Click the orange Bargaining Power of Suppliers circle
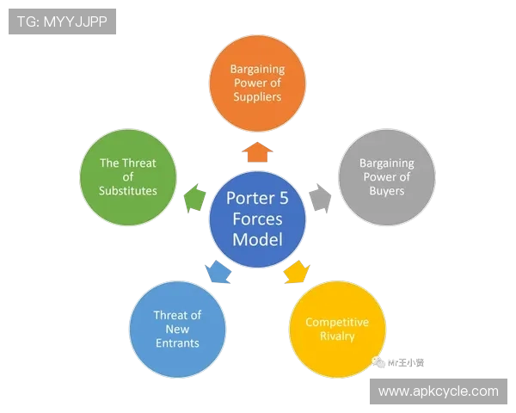click(257, 83)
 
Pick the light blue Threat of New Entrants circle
click(177, 329)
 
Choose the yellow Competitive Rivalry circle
click(337, 329)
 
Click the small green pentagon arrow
click(195, 198)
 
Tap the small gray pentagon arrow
click(319, 198)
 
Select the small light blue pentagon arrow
click(218, 272)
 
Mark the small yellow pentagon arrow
click(296, 272)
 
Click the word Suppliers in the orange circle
click(256, 97)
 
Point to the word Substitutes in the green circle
click(128, 191)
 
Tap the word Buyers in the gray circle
click(386, 191)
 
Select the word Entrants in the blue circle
click(177, 343)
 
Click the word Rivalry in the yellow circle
click(337, 336)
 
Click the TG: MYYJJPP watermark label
click(62, 22)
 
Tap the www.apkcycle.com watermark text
click(438, 391)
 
